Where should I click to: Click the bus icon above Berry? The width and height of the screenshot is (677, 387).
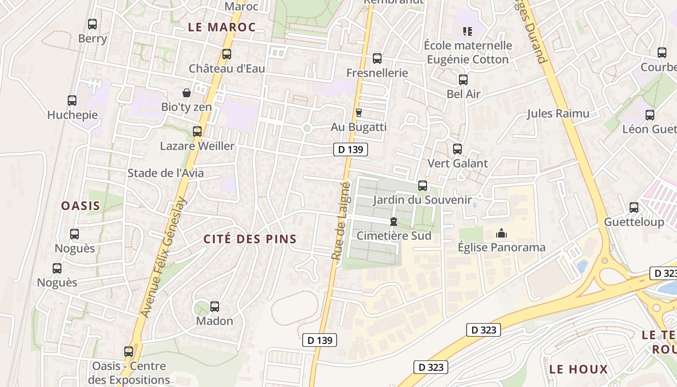click(92, 24)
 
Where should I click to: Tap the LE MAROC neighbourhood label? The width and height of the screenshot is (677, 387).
click(221, 28)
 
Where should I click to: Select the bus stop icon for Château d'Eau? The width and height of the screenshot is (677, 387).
click(227, 54)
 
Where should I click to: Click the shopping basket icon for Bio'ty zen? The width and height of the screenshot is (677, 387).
click(187, 92)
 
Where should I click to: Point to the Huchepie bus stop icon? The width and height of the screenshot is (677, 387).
click(72, 101)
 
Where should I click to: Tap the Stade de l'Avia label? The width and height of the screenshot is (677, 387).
click(165, 173)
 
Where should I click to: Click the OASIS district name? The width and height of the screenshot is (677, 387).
click(80, 206)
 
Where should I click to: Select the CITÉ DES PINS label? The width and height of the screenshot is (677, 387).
click(250, 239)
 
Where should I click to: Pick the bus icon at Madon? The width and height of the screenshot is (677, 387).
click(215, 306)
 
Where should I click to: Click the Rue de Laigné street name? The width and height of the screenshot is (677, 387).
click(340, 221)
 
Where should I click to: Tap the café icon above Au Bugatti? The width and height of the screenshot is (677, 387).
click(359, 113)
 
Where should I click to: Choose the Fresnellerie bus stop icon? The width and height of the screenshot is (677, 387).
click(377, 59)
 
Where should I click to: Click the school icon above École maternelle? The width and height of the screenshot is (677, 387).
click(467, 31)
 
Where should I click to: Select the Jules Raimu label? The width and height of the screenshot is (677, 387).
click(558, 114)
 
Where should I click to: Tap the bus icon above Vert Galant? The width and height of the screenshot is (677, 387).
click(457, 149)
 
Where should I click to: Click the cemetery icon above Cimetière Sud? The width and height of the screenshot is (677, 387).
click(394, 222)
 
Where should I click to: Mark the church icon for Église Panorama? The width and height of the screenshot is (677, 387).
click(501, 234)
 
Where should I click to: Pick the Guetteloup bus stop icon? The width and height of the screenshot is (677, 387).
click(634, 208)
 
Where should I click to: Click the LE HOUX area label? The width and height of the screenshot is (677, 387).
click(578, 369)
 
